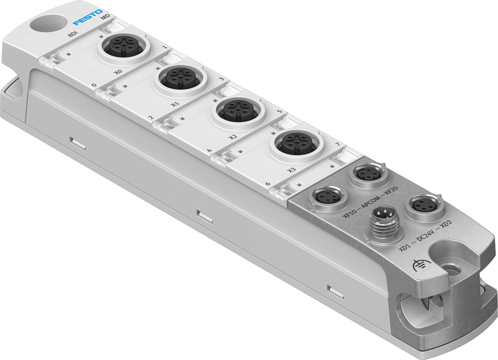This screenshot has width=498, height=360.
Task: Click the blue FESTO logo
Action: pos(87,17)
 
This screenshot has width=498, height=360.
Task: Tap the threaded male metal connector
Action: pos(385,221)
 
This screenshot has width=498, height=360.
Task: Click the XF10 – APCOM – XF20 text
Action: pos(370,202)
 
